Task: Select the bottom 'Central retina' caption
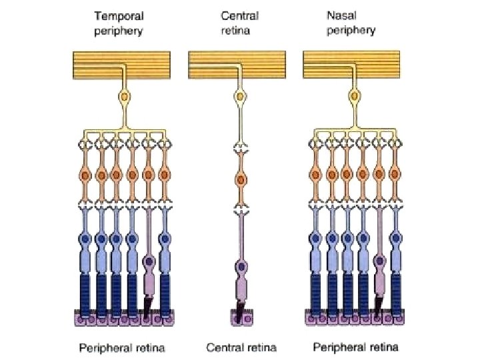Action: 241,347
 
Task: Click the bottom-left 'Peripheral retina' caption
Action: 122,347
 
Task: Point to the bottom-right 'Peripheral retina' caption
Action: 356,347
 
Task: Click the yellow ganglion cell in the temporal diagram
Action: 125,98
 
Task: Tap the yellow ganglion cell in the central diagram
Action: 239,98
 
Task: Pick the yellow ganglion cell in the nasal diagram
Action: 355,98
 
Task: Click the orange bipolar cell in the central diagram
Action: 239,179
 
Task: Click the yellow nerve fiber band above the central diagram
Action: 239,65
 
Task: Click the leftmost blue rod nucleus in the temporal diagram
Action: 85,237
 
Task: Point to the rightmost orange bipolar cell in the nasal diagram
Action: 395,175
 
